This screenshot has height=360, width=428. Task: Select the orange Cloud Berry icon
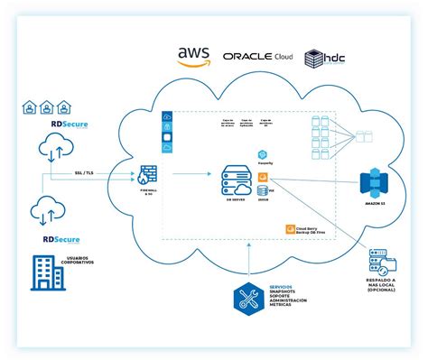[x=289, y=229]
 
